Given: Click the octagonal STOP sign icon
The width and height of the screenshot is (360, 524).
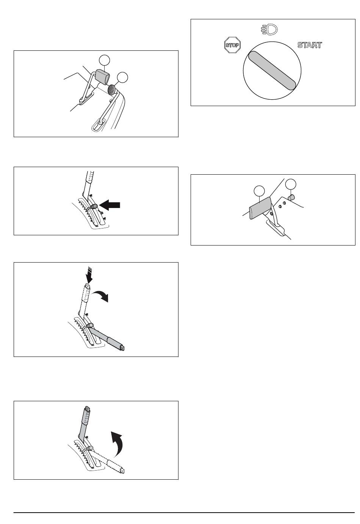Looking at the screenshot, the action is (232, 45).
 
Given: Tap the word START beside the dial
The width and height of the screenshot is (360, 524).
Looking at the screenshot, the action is (310, 45).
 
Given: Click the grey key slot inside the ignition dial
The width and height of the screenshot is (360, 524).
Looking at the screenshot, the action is (272, 70).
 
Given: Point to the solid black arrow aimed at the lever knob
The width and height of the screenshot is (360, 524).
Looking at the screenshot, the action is (110, 205).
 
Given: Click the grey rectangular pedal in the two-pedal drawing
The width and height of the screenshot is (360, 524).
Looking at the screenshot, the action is (102, 76).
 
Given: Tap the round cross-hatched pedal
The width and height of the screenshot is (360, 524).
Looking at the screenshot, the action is (112, 89).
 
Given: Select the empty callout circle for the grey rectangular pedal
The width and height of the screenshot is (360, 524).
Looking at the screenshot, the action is (104, 60).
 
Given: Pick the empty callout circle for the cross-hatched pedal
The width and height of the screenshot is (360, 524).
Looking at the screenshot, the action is (122, 77).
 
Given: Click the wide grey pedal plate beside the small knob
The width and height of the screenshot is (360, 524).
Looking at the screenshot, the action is (260, 208).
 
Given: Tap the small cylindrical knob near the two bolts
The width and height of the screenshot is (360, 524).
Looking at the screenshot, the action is (291, 197).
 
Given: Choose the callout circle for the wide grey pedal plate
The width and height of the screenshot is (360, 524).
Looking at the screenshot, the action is (259, 191).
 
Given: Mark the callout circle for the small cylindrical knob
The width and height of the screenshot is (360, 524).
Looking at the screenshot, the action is (291, 185).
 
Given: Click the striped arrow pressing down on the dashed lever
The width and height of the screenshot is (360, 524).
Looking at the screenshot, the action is (89, 275).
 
